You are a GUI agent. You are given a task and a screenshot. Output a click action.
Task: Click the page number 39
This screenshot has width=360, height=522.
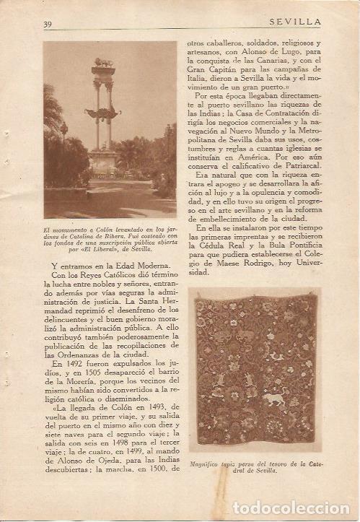(48, 23)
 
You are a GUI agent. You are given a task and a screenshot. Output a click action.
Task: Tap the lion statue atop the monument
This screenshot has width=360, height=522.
(103, 63)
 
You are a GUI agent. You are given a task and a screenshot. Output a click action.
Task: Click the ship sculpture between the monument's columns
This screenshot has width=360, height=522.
(102, 113)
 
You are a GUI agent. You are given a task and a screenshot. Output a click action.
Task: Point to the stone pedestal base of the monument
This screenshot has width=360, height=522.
(103, 162)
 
